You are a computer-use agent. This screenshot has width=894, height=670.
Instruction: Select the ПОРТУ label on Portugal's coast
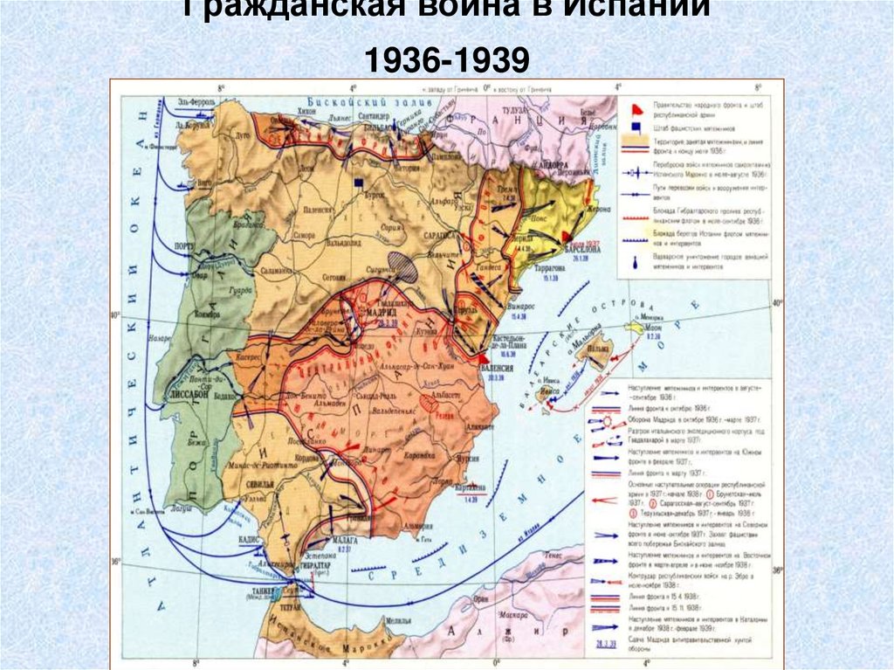(186, 246)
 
